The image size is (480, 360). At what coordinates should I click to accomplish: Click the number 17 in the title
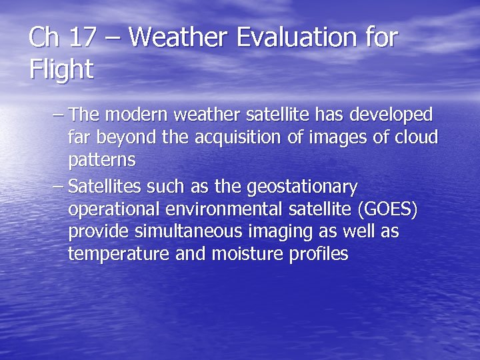coord(82,37)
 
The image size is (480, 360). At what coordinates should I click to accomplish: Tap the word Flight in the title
coord(61,69)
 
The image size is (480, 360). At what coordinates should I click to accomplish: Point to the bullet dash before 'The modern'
coord(58,115)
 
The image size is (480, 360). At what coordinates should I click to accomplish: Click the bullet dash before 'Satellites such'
coord(58,186)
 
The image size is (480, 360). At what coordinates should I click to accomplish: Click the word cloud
coord(417,137)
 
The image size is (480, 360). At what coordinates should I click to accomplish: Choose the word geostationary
coord(302,186)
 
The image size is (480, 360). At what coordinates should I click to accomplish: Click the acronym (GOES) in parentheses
coord(387,209)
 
